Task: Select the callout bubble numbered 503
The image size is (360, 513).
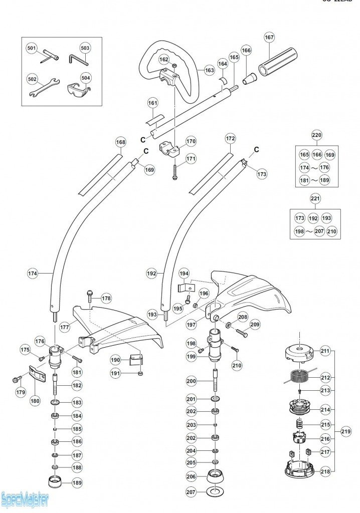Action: [x=85, y=48]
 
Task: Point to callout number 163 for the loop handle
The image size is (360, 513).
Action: [x=210, y=71]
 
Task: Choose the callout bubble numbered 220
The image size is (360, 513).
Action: [x=317, y=135]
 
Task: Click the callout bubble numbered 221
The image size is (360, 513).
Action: [x=314, y=199]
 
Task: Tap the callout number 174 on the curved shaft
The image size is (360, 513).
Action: [x=33, y=274]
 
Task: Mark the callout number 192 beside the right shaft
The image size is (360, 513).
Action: [x=152, y=274]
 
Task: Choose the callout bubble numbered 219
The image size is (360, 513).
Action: [x=345, y=431]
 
